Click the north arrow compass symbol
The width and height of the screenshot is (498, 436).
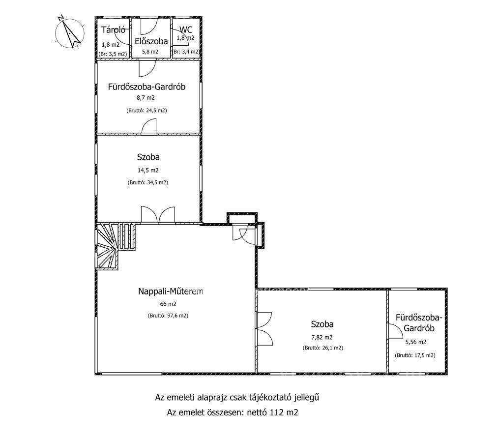point(70,32)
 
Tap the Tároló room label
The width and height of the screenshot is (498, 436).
point(113,30)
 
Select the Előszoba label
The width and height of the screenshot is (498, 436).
point(151,41)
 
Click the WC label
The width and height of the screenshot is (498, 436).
point(186,29)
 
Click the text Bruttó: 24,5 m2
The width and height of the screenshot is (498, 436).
point(146,111)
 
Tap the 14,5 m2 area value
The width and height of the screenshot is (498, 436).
point(148,170)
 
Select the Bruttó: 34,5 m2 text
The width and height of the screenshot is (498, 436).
point(148,182)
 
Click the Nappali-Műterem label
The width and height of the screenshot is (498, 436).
point(171,291)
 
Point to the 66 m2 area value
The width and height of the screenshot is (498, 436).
point(168,304)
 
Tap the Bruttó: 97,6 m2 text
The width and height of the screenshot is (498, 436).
point(168,316)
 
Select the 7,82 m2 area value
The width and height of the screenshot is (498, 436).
point(322,338)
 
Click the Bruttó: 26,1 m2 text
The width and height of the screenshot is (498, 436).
point(323,348)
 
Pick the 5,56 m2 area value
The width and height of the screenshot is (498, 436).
point(416,342)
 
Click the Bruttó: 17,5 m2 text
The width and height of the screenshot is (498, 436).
point(415,355)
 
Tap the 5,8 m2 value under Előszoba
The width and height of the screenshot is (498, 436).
point(150,52)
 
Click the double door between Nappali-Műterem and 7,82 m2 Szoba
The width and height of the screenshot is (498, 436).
point(265,329)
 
